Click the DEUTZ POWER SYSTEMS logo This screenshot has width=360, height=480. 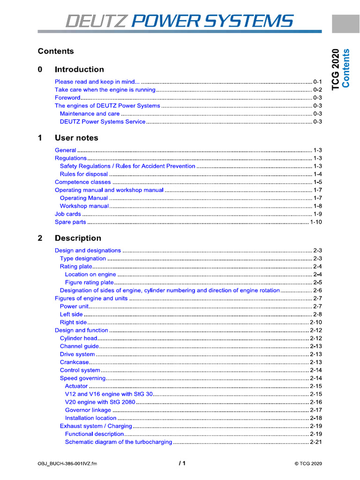coord(180,21)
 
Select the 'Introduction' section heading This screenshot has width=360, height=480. coord(79,69)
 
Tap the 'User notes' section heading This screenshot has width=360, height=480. coord(76,138)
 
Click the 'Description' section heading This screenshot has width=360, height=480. coord(78,238)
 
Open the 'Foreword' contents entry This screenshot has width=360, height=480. coord(67,97)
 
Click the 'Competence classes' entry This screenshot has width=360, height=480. coord(83,182)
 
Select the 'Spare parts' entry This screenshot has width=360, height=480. coord(70,222)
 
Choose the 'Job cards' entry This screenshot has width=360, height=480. coord(68,214)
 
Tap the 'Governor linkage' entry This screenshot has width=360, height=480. coord(88,410)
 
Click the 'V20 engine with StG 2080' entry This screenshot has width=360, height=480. coord(100,402)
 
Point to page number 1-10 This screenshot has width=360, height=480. coord(316,222)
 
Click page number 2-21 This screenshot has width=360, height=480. coord(316,442)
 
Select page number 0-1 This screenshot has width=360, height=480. coord(317,82)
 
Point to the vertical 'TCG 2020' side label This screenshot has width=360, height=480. coord(336,68)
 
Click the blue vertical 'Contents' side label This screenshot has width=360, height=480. coord(346,68)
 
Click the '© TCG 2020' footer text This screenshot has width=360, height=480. coord(308,464)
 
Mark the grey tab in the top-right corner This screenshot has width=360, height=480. coord(345,23)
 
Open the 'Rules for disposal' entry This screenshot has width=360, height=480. coord(84,174)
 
